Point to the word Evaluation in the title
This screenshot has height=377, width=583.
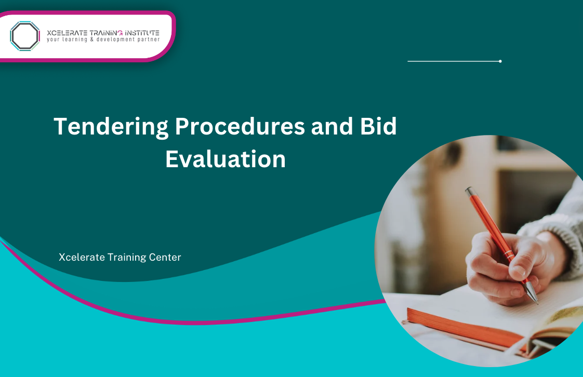coord(226,159)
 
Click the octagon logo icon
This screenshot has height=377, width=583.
coord(24,36)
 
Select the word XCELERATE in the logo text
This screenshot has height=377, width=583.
coord(67,33)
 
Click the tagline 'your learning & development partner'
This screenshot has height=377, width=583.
coord(103,39)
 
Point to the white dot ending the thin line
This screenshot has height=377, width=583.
coord(500,61)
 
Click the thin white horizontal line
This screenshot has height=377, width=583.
coord(452,61)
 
